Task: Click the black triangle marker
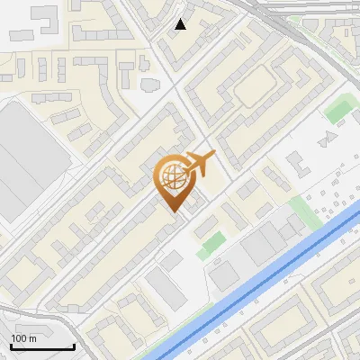[181, 24]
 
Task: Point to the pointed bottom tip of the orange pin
[173, 211]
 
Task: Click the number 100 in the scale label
[19, 338]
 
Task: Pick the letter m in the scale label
[33, 338]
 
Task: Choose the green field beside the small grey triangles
[338, 110]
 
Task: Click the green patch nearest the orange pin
[211, 243]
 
